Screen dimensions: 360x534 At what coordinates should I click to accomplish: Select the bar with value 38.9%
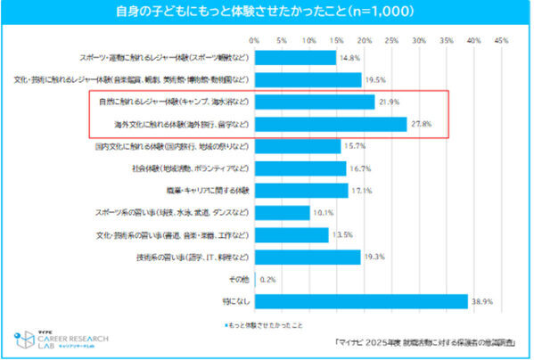[x=361, y=302]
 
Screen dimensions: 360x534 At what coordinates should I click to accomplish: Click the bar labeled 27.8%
[x=331, y=124]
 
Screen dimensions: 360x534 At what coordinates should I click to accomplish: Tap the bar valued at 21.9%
[x=315, y=102]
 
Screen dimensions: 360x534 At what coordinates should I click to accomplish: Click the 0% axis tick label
[x=255, y=40]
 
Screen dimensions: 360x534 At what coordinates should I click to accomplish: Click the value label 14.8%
[x=349, y=58]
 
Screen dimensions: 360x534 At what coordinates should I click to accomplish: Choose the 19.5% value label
[x=375, y=80]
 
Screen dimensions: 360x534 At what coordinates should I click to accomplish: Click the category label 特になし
[x=235, y=302]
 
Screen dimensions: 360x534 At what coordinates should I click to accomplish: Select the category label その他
[x=238, y=280]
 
